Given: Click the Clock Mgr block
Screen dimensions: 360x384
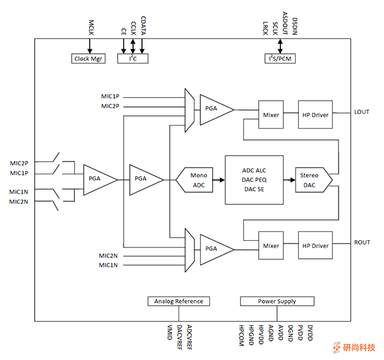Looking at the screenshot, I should pos(89,59).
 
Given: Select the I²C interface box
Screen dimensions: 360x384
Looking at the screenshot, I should pos(132,59).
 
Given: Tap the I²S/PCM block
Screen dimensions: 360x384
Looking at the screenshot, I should pos(280,59).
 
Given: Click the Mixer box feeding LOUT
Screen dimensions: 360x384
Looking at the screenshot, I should pos(271,115).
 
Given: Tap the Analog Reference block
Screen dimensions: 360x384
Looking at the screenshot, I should pos(179,301).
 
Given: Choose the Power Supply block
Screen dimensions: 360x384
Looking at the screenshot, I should pos(277,301).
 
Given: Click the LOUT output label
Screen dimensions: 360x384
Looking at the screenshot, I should pos(362,112).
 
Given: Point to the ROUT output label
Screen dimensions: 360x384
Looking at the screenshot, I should pos(362,243).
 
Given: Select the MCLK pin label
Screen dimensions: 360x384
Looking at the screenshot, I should pos(90,28).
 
